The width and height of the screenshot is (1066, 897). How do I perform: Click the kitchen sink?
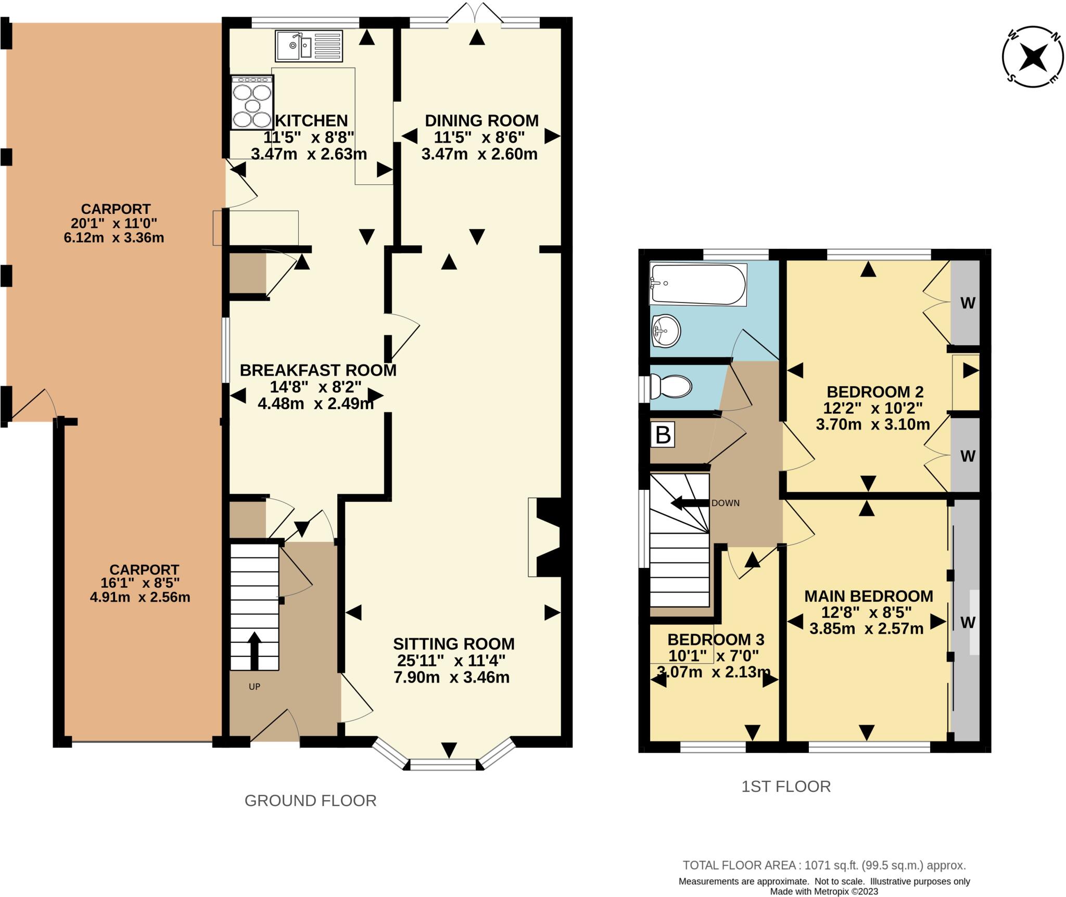pyautogui.click(x=309, y=46)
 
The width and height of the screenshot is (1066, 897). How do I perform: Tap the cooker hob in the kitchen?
pyautogui.click(x=252, y=102)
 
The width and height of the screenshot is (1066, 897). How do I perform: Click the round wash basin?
pyautogui.click(x=665, y=331)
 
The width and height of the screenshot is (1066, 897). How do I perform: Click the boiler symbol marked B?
pyautogui.click(x=663, y=434)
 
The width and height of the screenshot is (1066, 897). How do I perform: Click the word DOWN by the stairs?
pyautogui.click(x=725, y=503)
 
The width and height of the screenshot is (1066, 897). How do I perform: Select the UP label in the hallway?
pyautogui.click(x=254, y=687)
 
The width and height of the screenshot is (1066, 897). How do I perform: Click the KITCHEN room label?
pyautogui.click(x=311, y=121)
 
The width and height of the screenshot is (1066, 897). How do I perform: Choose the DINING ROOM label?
pyautogui.click(x=481, y=121)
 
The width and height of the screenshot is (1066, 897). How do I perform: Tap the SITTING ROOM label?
pyautogui.click(x=453, y=644)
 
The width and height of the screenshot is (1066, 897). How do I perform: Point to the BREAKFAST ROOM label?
pyautogui.click(x=318, y=370)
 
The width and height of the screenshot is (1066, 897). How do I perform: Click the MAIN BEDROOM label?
pyautogui.click(x=869, y=596)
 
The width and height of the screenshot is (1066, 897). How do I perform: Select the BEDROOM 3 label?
pyautogui.click(x=716, y=639)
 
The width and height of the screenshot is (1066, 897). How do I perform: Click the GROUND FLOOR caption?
pyautogui.click(x=310, y=801)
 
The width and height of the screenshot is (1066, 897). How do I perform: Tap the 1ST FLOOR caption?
pyautogui.click(x=786, y=786)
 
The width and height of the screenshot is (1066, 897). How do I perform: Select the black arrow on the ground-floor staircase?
pyautogui.click(x=254, y=651)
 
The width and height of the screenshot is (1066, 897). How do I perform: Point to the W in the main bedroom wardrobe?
pyautogui.click(x=967, y=622)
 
